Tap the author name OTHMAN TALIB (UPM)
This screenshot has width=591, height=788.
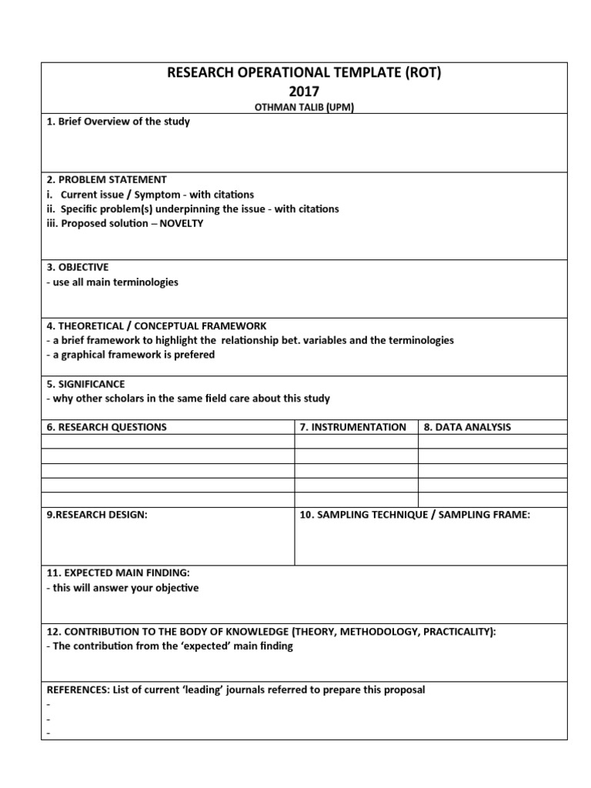[304, 107]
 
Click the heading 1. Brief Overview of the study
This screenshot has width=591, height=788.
[118, 122]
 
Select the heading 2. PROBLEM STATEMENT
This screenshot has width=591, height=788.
[106, 179]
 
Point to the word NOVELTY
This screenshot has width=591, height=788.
[182, 223]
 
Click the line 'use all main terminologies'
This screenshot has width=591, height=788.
[114, 282]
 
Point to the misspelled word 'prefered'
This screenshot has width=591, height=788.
[195, 355]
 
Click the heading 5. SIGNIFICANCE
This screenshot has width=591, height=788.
[85, 384]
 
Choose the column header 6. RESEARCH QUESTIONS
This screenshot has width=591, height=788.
[106, 427]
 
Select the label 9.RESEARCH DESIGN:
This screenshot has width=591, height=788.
[96, 515]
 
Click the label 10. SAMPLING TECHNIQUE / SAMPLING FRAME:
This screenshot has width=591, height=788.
[415, 515]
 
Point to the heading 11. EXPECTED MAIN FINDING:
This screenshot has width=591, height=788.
[118, 573]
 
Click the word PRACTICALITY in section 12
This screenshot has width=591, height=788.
[453, 632]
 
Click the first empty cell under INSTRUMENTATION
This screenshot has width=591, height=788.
[356, 442]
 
